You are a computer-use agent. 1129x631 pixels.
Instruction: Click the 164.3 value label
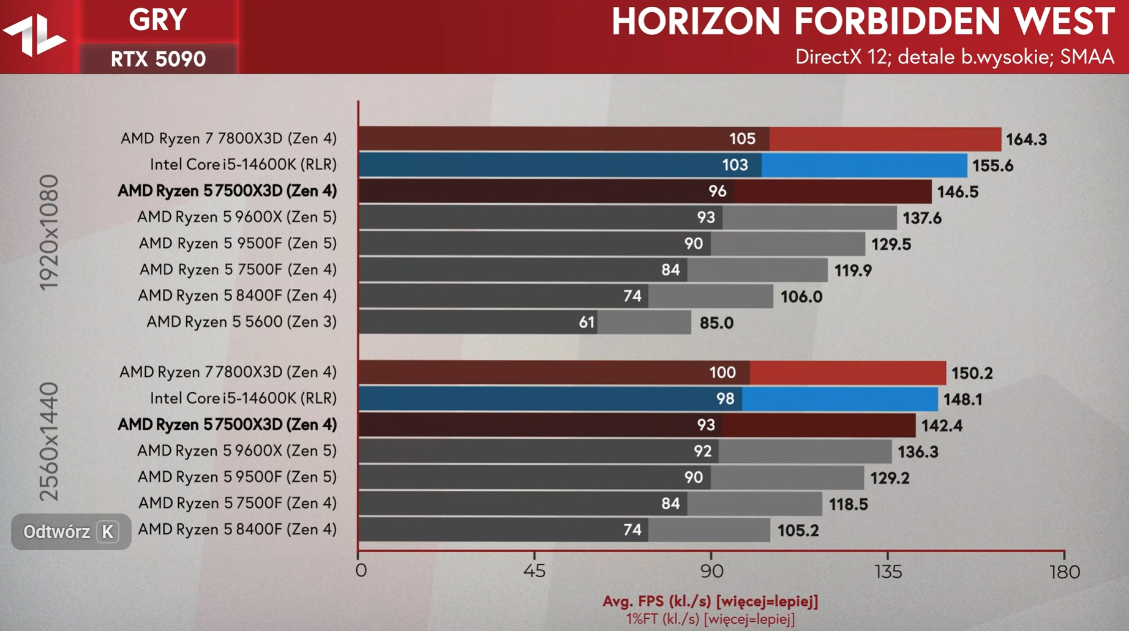pyautogui.click(x=1026, y=140)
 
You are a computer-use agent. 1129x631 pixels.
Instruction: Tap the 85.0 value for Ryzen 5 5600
pyautogui.click(x=716, y=323)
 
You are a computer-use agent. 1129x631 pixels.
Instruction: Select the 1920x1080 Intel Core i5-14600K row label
pyautogui.click(x=243, y=165)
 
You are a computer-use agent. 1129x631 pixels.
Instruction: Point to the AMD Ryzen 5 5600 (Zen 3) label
pyautogui.click(x=241, y=322)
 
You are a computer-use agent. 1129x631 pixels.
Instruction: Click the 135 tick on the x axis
pyautogui.click(x=888, y=572)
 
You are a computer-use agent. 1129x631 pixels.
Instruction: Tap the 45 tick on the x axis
pyautogui.click(x=534, y=572)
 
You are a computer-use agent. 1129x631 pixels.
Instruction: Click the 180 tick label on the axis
pyautogui.click(x=1065, y=572)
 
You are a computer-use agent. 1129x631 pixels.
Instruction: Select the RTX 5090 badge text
pyautogui.click(x=158, y=59)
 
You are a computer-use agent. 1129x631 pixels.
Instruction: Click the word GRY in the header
pyautogui.click(x=158, y=20)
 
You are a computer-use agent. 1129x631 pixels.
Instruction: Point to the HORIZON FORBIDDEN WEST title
pyautogui.click(x=863, y=21)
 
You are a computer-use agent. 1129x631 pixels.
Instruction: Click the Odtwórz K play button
pyautogui.click(x=70, y=532)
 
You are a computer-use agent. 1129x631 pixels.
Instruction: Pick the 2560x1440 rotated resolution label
pyautogui.click(x=50, y=442)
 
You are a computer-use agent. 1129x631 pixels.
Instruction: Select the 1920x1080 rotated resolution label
pyautogui.click(x=50, y=233)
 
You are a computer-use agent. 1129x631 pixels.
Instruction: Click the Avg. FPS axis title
pyautogui.click(x=710, y=601)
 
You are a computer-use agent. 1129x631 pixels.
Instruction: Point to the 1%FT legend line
pyautogui.click(x=710, y=619)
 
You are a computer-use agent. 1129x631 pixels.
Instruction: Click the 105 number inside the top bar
pyautogui.click(x=742, y=139)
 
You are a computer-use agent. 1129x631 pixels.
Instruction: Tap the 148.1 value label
pyautogui.click(x=962, y=400)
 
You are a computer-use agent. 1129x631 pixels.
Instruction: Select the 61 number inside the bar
pyautogui.click(x=587, y=322)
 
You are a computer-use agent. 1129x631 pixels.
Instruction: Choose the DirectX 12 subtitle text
pyautogui.click(x=954, y=57)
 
